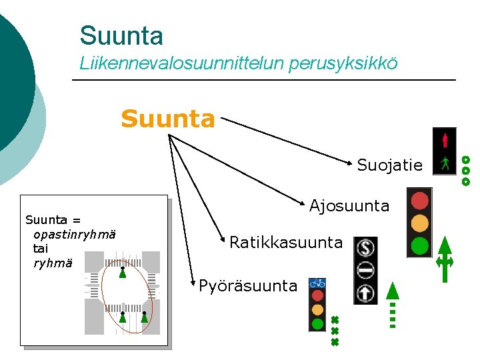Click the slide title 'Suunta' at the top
(121, 35)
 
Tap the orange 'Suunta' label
(168, 120)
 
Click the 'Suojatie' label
(389, 165)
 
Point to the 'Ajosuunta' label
(349, 206)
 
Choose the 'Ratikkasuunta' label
(286, 242)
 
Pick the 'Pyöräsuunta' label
(248, 286)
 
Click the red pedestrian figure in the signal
(445, 140)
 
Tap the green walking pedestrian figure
(445, 163)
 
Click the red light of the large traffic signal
(420, 201)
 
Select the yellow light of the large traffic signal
(420, 222)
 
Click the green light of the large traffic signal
(420, 245)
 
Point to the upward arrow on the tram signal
(365, 292)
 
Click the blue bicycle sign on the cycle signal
(317, 283)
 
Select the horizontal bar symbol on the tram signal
(365, 271)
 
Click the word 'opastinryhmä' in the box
(74, 234)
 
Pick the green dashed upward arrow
(393, 306)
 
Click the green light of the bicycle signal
(317, 324)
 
